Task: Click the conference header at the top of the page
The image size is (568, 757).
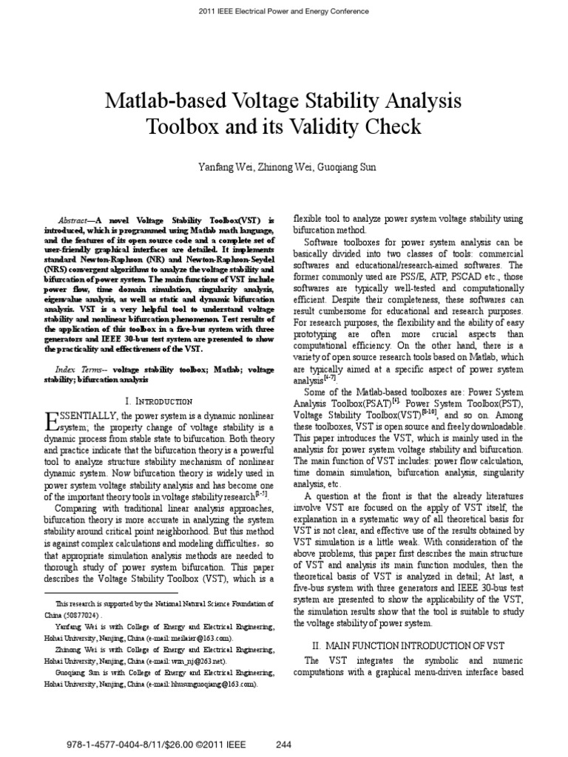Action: [x=284, y=12]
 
